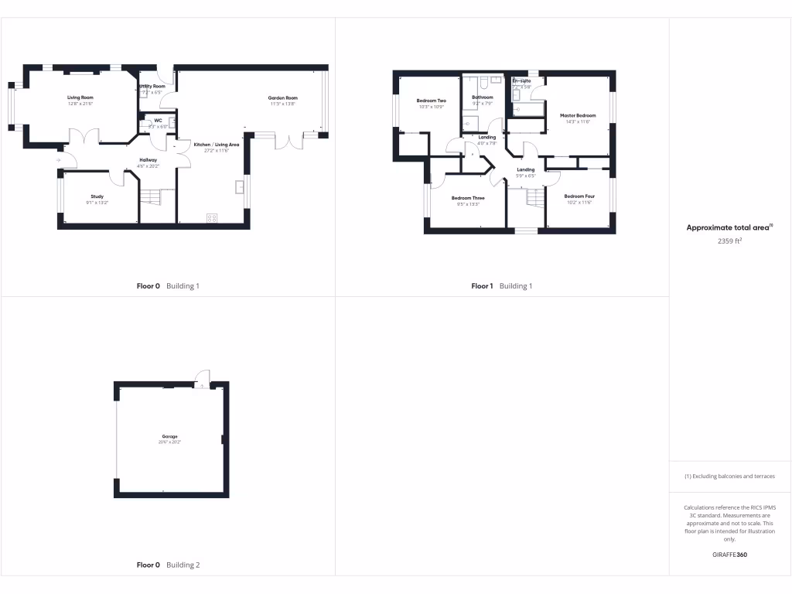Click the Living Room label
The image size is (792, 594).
click(80, 97)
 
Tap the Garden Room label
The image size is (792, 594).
click(283, 98)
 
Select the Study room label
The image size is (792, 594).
click(97, 196)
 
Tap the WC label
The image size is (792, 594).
click(158, 121)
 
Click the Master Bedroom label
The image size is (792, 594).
click(578, 115)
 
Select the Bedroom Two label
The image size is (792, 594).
click(431, 101)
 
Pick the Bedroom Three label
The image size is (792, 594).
click(467, 198)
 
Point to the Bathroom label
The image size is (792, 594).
click(482, 97)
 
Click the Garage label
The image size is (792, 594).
click(169, 437)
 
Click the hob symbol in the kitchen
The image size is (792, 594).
click(212, 217)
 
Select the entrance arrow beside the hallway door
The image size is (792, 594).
click(59, 161)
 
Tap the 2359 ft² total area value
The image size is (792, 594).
click(730, 241)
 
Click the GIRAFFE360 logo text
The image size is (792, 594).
click(729, 555)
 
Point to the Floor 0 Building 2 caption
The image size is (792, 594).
click(168, 565)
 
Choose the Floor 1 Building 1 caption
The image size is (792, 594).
click(502, 286)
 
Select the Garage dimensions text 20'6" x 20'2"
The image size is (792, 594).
click(169, 442)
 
